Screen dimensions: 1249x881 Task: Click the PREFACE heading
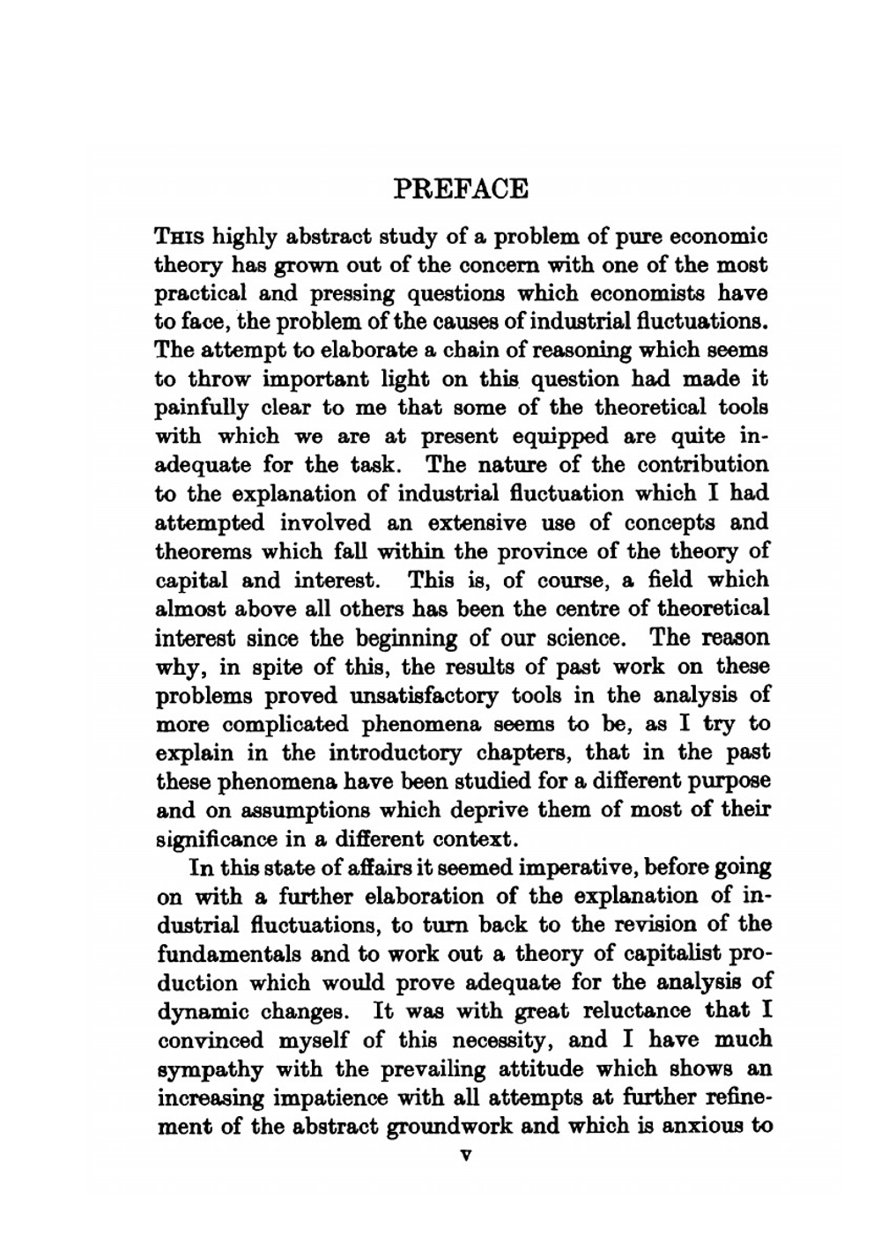coord(461,189)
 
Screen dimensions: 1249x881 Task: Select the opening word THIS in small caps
coord(181,237)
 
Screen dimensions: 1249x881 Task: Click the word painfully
coord(202,409)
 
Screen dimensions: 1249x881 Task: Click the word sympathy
coord(210,1069)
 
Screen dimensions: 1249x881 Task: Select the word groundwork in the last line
coord(448,1127)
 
